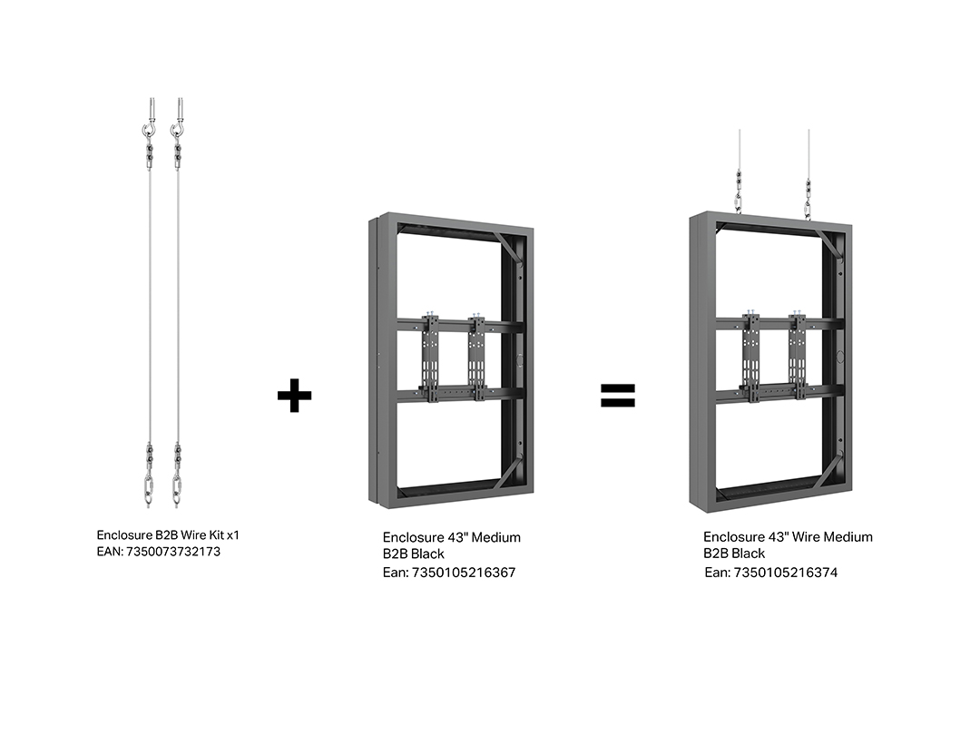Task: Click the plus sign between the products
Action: point(294,395)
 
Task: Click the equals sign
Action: point(618,395)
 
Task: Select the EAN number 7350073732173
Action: point(173,552)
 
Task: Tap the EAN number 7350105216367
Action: point(463,573)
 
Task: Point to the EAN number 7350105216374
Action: point(785,573)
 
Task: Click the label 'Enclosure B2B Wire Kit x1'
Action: point(168,535)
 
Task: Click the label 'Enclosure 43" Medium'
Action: point(451,537)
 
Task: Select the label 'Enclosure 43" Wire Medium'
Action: point(788,537)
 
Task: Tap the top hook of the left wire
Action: point(149,131)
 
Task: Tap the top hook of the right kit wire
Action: point(178,131)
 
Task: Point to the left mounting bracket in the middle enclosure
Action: point(430,358)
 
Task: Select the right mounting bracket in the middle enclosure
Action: point(477,358)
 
